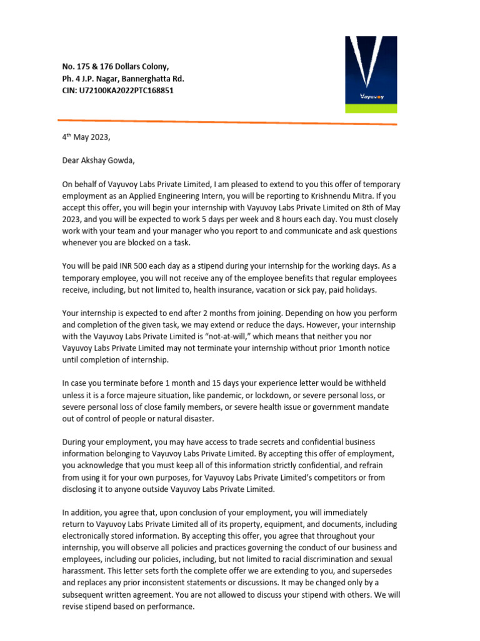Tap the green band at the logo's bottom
coord(371,108)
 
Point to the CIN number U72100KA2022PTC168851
coord(126,90)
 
